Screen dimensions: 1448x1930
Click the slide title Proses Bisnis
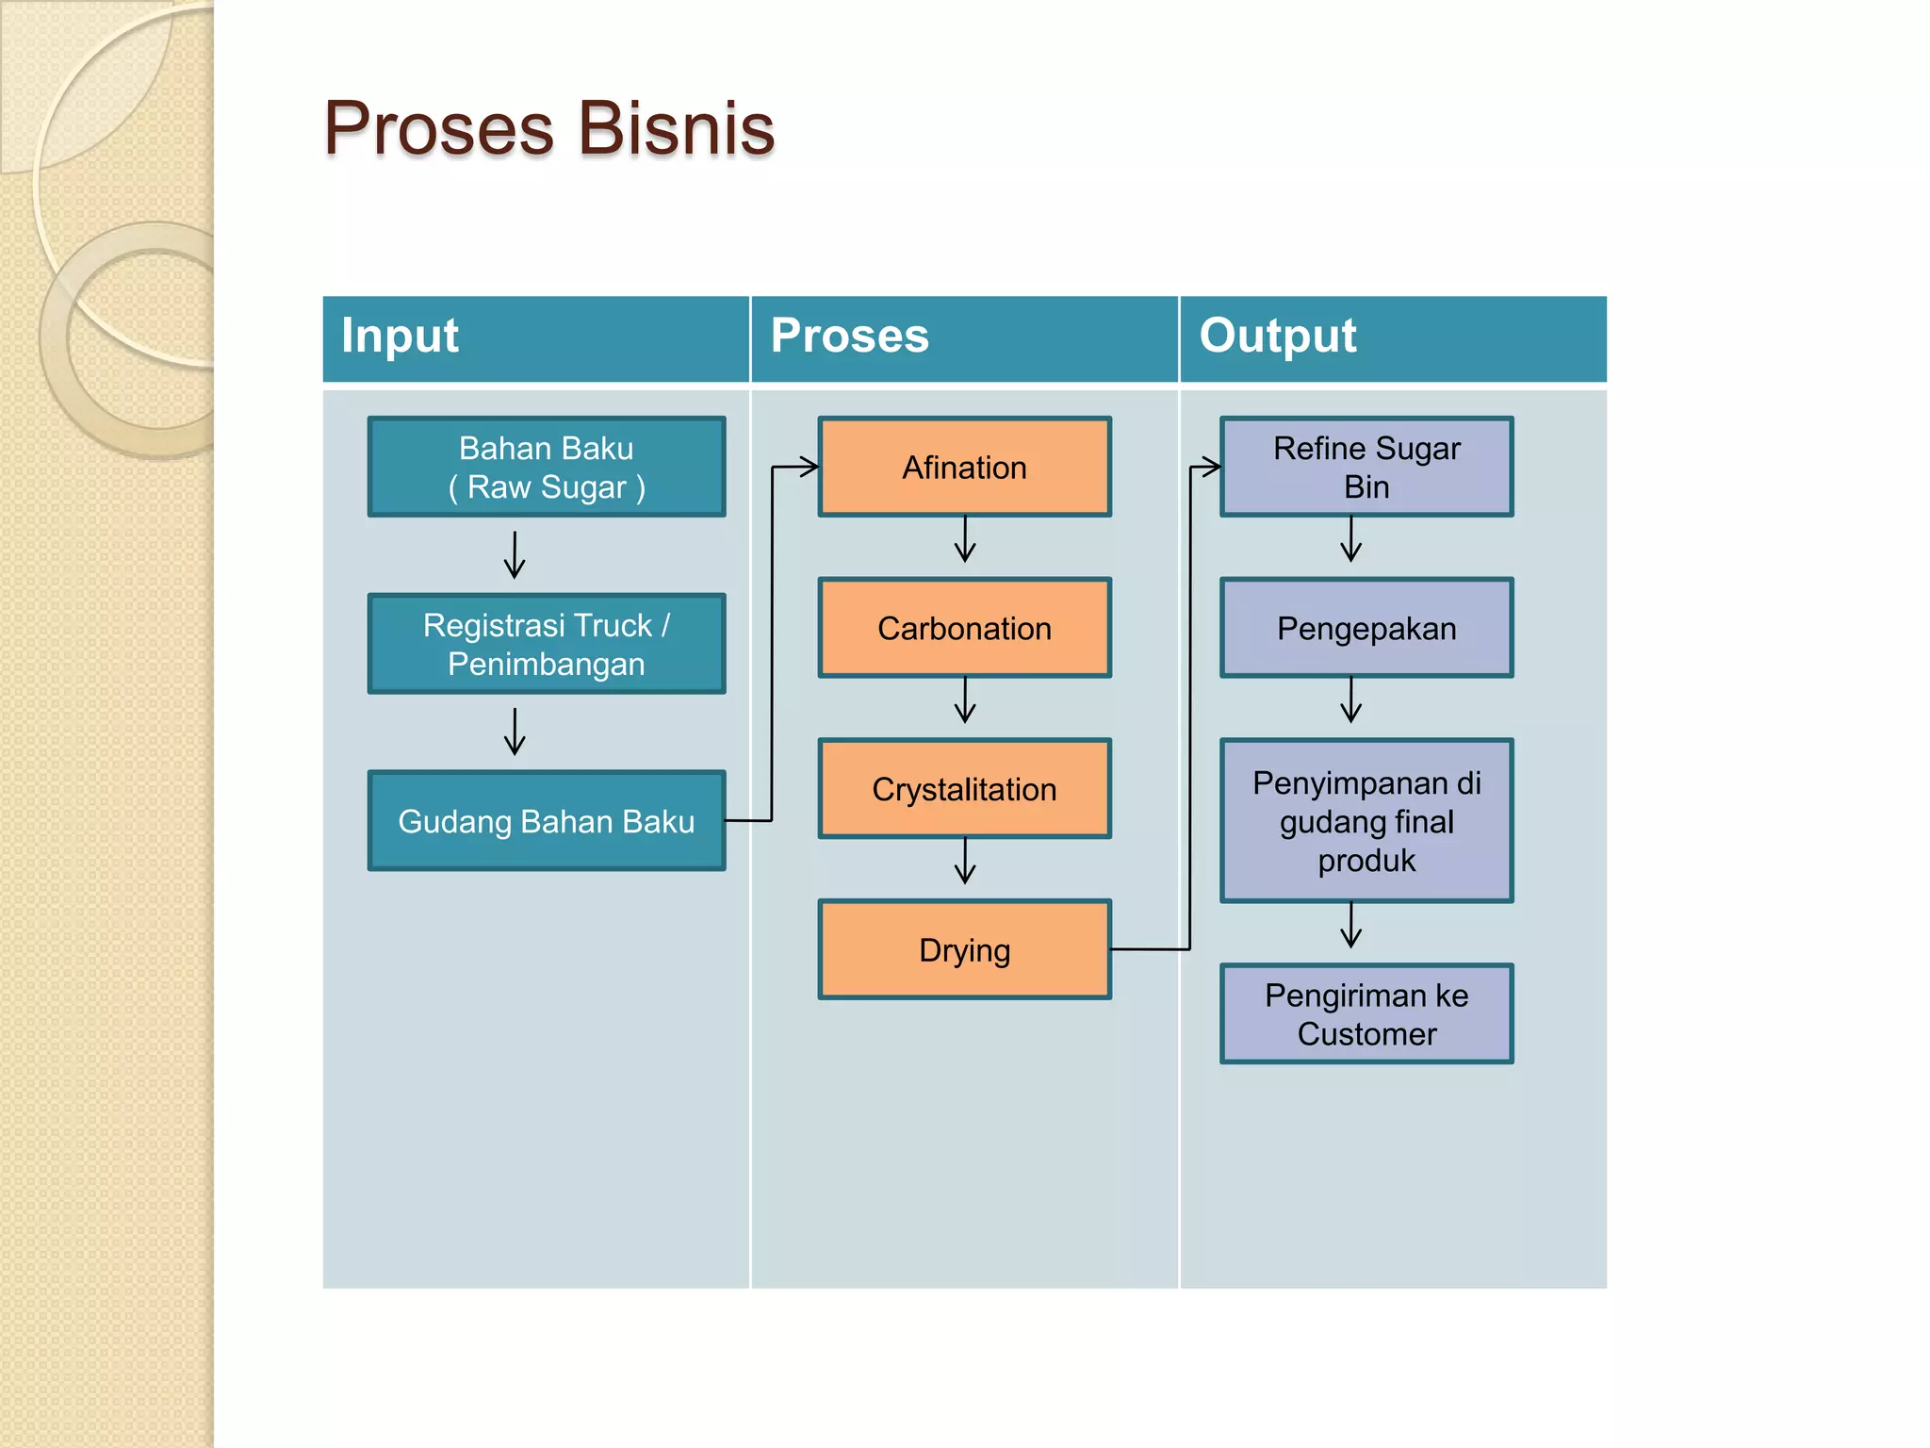point(548,128)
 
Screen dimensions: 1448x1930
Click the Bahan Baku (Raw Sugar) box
point(547,467)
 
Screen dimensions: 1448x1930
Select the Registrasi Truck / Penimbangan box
point(547,644)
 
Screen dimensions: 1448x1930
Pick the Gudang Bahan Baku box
point(547,821)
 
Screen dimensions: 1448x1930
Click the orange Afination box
point(964,467)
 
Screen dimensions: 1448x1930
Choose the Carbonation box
point(964,628)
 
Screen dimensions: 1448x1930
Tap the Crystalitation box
point(964,789)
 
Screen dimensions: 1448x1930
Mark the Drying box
point(964,949)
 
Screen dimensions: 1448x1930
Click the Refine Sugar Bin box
point(1366,467)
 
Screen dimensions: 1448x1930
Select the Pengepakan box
point(1366,628)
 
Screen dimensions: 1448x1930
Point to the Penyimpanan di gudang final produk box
point(1366,821)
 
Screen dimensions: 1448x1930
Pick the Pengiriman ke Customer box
point(1366,1014)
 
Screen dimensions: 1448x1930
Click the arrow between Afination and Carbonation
point(965,540)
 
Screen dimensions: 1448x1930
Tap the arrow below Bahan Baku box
point(515,555)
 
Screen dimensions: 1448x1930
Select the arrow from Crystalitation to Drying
point(965,862)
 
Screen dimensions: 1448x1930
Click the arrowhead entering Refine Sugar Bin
point(1209,466)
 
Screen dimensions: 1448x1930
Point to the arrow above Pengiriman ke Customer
point(1351,926)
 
